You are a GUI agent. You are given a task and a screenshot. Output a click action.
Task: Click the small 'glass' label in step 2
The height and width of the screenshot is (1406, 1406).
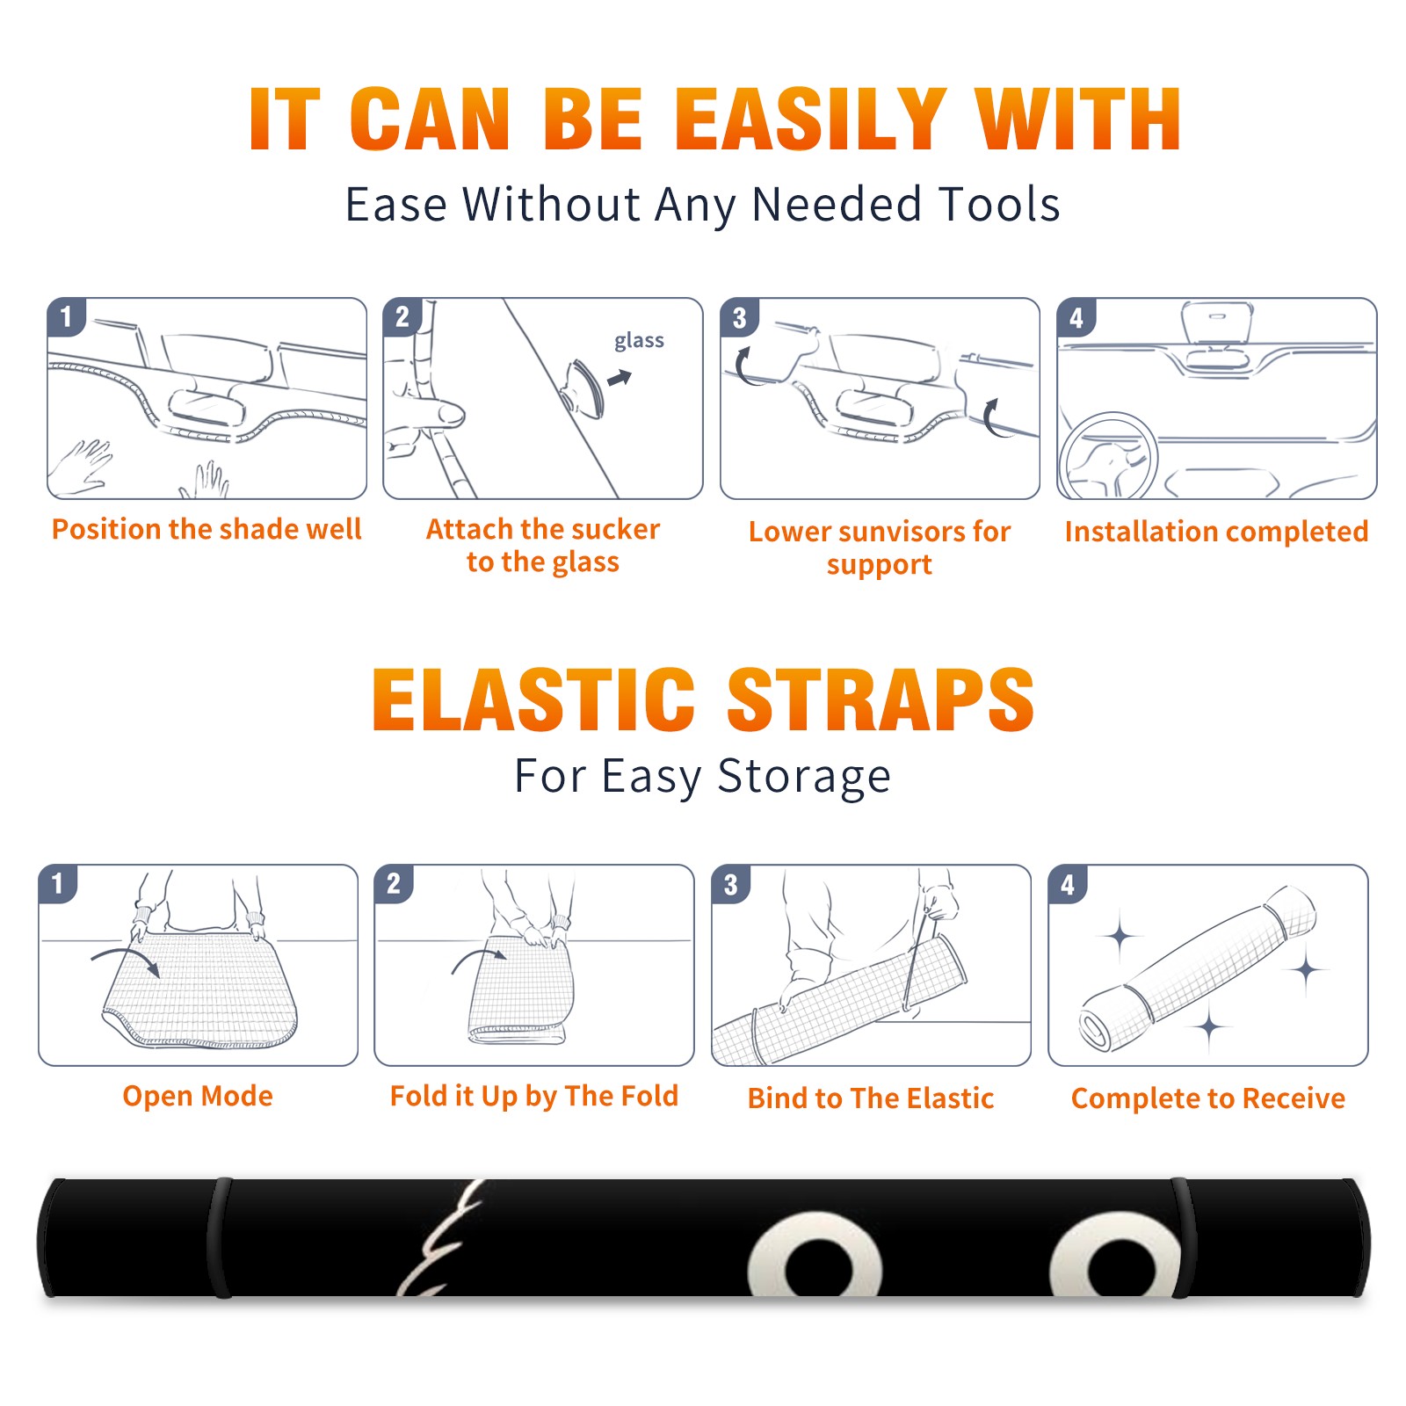(639, 341)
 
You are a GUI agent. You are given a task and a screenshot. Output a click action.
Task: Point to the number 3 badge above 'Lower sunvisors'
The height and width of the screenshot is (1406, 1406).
(739, 318)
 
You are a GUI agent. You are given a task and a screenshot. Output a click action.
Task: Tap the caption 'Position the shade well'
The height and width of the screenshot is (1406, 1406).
(207, 529)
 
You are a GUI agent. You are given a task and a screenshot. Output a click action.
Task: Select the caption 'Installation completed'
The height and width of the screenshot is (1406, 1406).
(1216, 532)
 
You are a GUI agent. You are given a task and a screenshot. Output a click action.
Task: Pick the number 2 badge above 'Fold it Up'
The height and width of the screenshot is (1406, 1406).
(394, 884)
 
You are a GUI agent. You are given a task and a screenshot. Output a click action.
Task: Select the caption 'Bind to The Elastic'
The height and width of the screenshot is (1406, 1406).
(871, 1098)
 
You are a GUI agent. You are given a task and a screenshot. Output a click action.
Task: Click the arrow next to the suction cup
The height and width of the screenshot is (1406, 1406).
(620, 378)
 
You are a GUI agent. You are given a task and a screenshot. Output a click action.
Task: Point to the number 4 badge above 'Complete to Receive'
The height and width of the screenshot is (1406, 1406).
(1068, 884)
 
